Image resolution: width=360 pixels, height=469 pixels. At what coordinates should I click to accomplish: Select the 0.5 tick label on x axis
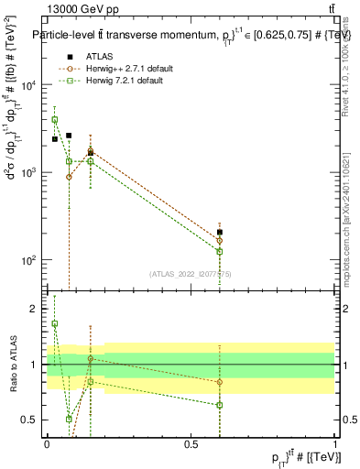pos(191,443)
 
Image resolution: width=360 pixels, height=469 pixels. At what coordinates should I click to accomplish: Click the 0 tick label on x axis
pos(47,443)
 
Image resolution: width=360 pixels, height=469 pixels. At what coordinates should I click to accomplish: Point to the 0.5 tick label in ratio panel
pos(31,420)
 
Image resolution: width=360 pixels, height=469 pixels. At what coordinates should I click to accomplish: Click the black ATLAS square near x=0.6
pos(220,233)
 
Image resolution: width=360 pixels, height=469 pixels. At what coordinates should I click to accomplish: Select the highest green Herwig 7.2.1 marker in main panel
pos(55,120)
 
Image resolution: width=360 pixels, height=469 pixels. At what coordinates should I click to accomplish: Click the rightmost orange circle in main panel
pos(220,241)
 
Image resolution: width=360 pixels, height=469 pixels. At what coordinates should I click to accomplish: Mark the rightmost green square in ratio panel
pos(220,405)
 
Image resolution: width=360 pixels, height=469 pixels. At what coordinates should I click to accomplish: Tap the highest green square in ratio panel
pos(55,323)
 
